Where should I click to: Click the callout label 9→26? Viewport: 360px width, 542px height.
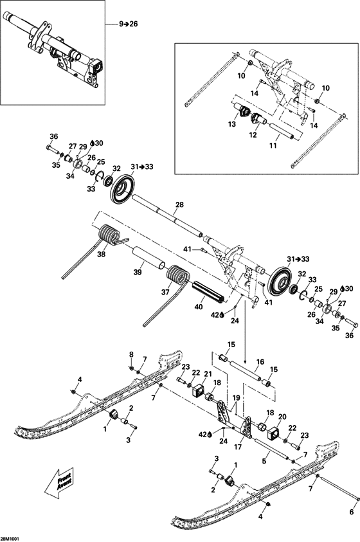tap(128, 24)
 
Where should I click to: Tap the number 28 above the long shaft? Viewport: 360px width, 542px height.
tap(179, 204)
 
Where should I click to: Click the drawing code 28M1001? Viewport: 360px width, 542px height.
tap(10, 536)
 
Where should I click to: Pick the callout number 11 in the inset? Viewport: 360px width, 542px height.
tap(274, 147)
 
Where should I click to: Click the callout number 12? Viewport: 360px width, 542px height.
tap(253, 135)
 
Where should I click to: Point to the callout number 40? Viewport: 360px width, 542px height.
tap(198, 307)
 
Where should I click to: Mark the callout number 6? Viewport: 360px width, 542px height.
tap(351, 512)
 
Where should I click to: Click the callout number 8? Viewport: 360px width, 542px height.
tap(131, 354)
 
